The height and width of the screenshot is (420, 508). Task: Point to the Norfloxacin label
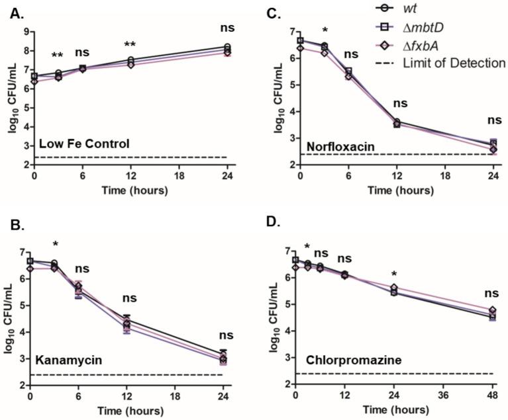(x=338, y=145)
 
